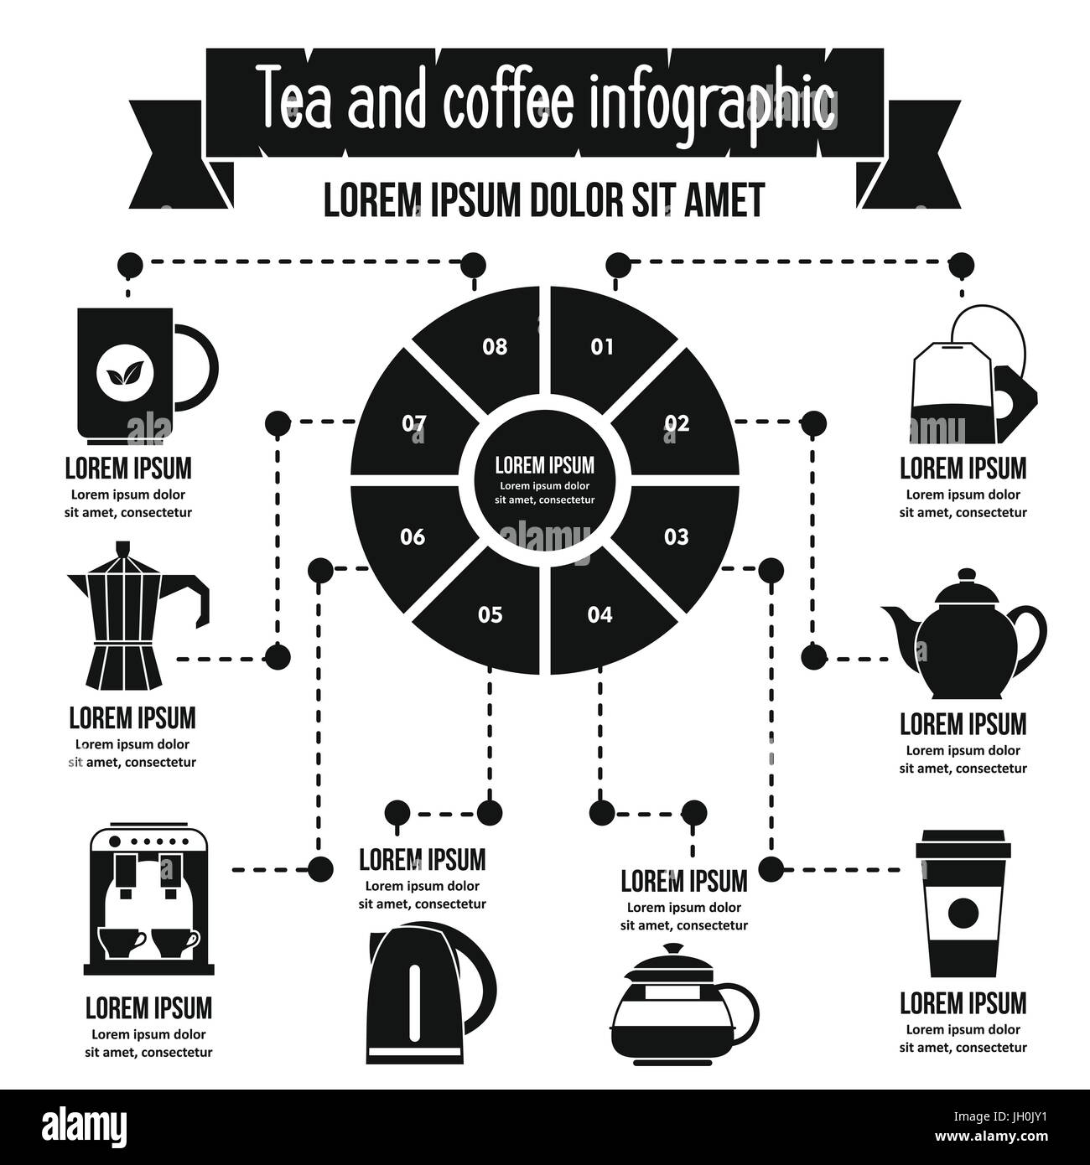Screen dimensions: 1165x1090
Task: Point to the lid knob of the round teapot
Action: (967, 574)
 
